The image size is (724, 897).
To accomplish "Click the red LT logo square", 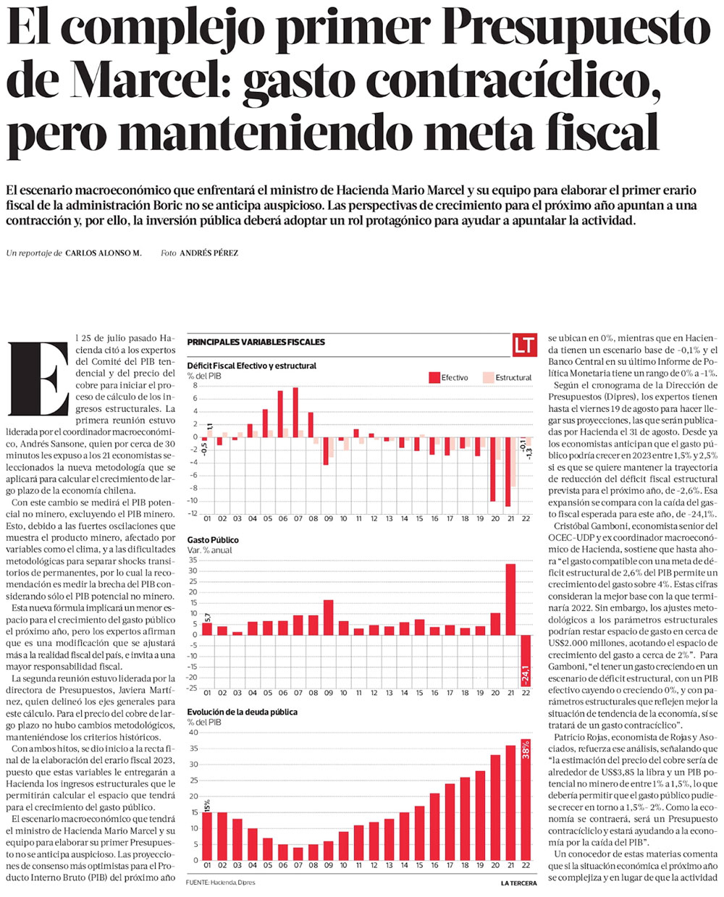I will click(x=523, y=345).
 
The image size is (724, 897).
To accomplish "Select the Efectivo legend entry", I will click(x=449, y=377).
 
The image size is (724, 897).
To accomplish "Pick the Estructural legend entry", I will click(x=507, y=377).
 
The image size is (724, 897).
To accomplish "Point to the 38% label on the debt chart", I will click(x=526, y=749).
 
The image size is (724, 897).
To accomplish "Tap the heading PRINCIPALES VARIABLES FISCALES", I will click(x=256, y=342).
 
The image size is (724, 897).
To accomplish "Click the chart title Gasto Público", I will click(x=213, y=540).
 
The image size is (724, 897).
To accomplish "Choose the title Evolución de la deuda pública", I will click(x=243, y=712).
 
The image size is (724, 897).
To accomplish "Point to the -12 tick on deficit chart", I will click(x=193, y=513).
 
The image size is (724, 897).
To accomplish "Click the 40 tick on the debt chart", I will click(x=193, y=733).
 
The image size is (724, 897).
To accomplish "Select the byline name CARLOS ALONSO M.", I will click(x=103, y=253).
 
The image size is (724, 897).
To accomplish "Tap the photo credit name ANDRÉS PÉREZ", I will click(x=209, y=253).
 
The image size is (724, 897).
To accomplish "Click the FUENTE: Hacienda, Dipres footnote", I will click(x=221, y=883).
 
